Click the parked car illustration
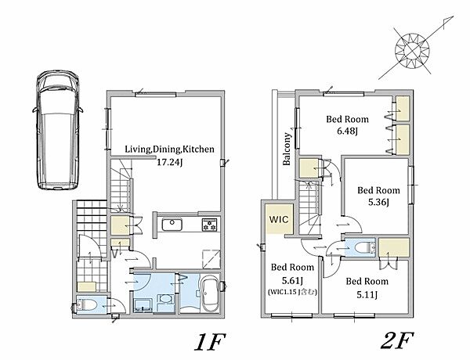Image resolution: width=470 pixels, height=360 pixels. [57, 130]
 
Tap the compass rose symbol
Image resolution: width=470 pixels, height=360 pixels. [413, 51]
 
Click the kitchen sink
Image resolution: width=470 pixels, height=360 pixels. [172, 225]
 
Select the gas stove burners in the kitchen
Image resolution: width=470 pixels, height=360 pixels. [209, 225]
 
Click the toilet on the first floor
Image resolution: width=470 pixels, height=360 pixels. [86, 305]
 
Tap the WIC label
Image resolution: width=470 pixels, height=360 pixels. [278, 219]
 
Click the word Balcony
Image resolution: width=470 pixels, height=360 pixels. [287, 149]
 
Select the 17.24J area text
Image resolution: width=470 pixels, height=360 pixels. [170, 163]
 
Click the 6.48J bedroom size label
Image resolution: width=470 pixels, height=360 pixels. [347, 131]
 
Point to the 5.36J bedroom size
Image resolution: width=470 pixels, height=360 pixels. [378, 203]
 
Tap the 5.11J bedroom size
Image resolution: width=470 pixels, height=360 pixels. [367, 295]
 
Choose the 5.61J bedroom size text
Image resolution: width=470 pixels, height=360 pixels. [292, 281]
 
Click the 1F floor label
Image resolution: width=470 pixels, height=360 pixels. [209, 341]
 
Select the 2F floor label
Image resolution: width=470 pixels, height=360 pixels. [397, 340]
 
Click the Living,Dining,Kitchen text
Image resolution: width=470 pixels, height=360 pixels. [169, 149]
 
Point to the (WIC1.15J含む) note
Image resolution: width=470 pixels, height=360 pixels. [292, 292]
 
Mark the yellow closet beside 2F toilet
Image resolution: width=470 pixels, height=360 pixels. [394, 247]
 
